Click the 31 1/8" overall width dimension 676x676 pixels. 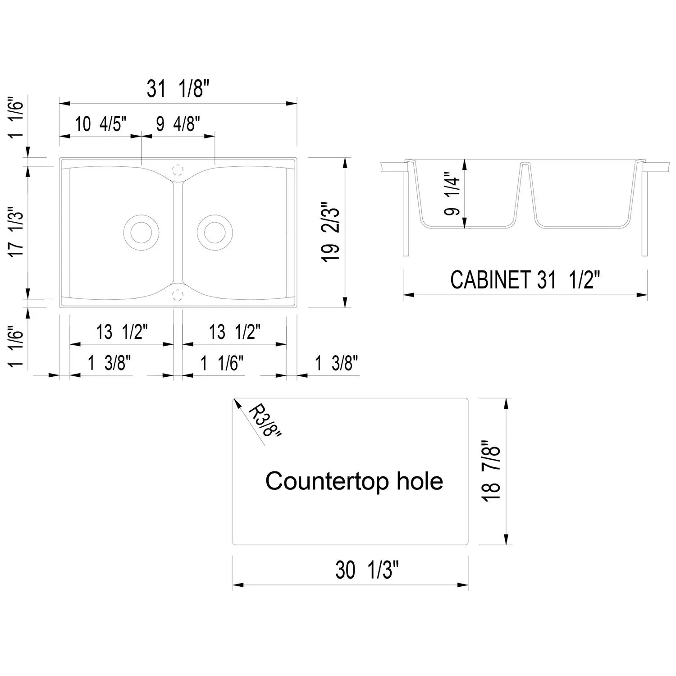(178, 89)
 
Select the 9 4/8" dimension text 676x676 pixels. (178, 124)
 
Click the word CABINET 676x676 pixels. (491, 280)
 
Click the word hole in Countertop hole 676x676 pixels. (420, 481)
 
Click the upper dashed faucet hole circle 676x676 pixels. (178, 170)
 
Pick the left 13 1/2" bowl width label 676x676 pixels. (122, 333)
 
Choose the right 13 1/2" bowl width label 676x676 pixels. (235, 333)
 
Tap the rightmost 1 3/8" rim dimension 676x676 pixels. (336, 363)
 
